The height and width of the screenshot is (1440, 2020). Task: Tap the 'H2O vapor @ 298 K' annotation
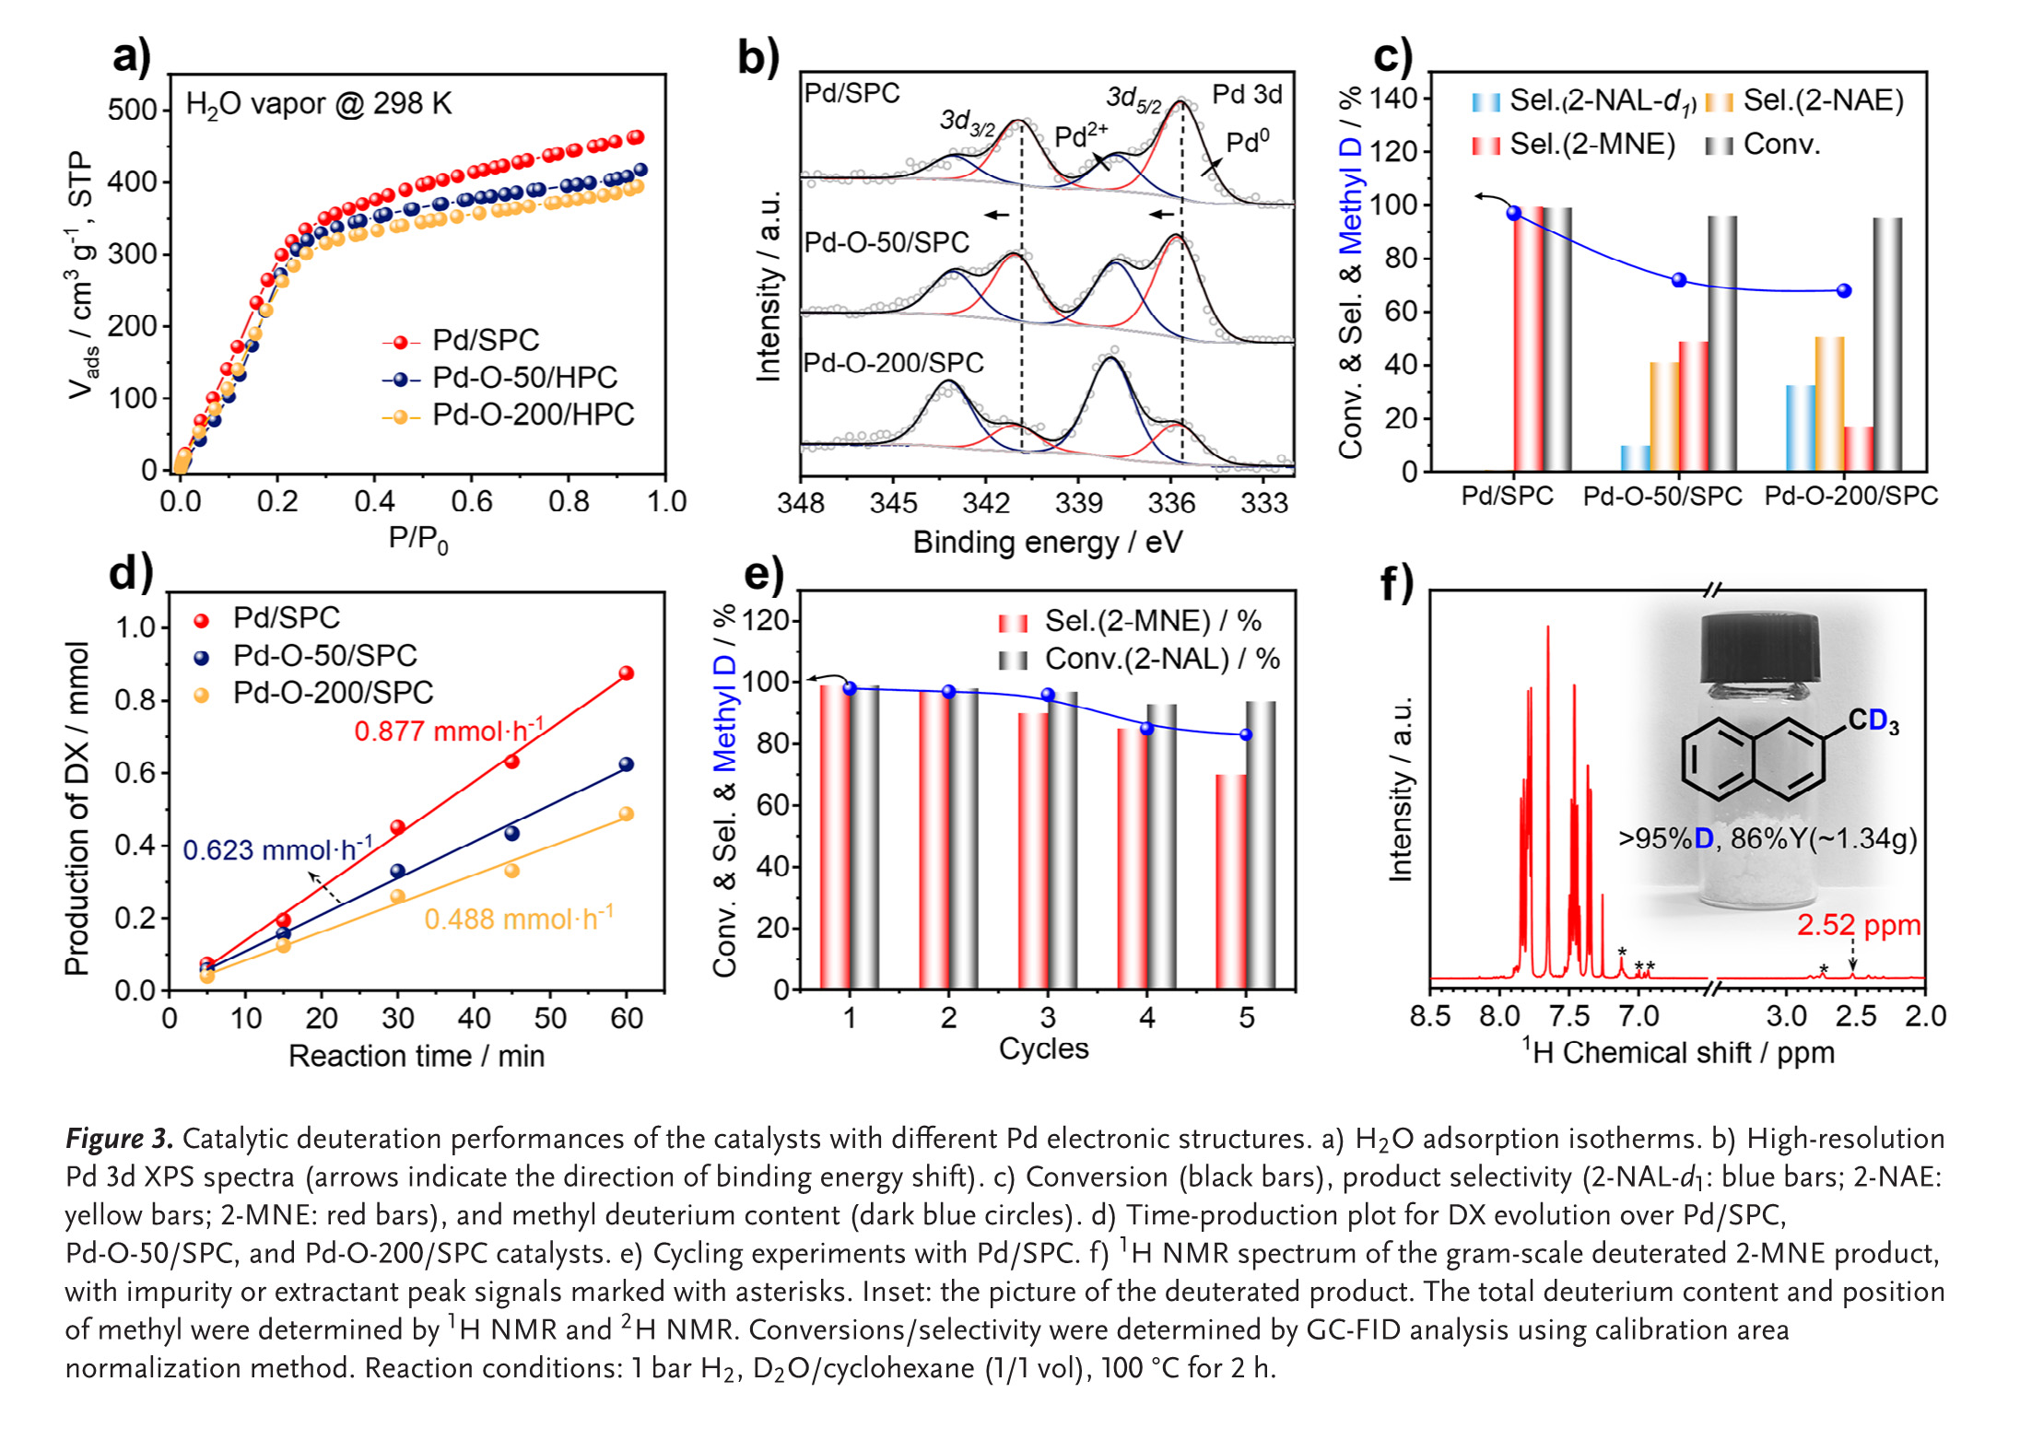[x=319, y=104]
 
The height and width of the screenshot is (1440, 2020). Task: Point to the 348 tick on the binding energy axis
[x=800, y=502]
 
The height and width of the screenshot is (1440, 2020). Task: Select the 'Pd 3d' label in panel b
[x=1246, y=94]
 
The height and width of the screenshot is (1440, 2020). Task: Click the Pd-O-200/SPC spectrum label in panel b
[x=893, y=363]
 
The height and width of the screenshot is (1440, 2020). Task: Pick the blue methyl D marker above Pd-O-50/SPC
[x=1679, y=280]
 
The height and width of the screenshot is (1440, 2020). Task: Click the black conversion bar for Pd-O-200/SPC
[x=1886, y=345]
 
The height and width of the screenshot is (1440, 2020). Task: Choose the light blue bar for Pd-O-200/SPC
[x=1800, y=428]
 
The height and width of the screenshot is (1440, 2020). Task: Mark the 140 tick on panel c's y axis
[x=1394, y=98]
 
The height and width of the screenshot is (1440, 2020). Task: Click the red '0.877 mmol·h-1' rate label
[x=449, y=731]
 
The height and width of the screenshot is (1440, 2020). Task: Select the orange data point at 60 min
[x=627, y=814]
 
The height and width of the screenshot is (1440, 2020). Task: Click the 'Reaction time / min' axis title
[x=417, y=1056]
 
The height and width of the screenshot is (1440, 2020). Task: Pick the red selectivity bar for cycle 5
[x=1231, y=882]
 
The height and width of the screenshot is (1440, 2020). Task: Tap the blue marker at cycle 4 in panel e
[x=1146, y=729]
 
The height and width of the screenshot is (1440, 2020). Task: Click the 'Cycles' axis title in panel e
[x=1043, y=1048]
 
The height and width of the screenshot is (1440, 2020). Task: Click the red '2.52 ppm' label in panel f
[x=1858, y=925]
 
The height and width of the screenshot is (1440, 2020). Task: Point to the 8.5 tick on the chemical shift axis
[x=1430, y=1016]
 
